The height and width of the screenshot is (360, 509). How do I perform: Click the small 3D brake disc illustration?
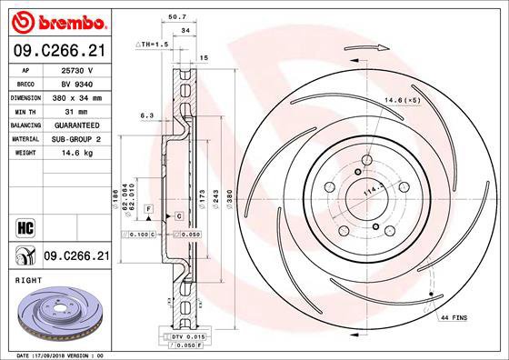[56, 318]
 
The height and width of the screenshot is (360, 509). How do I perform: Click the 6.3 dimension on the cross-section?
[145, 115]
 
